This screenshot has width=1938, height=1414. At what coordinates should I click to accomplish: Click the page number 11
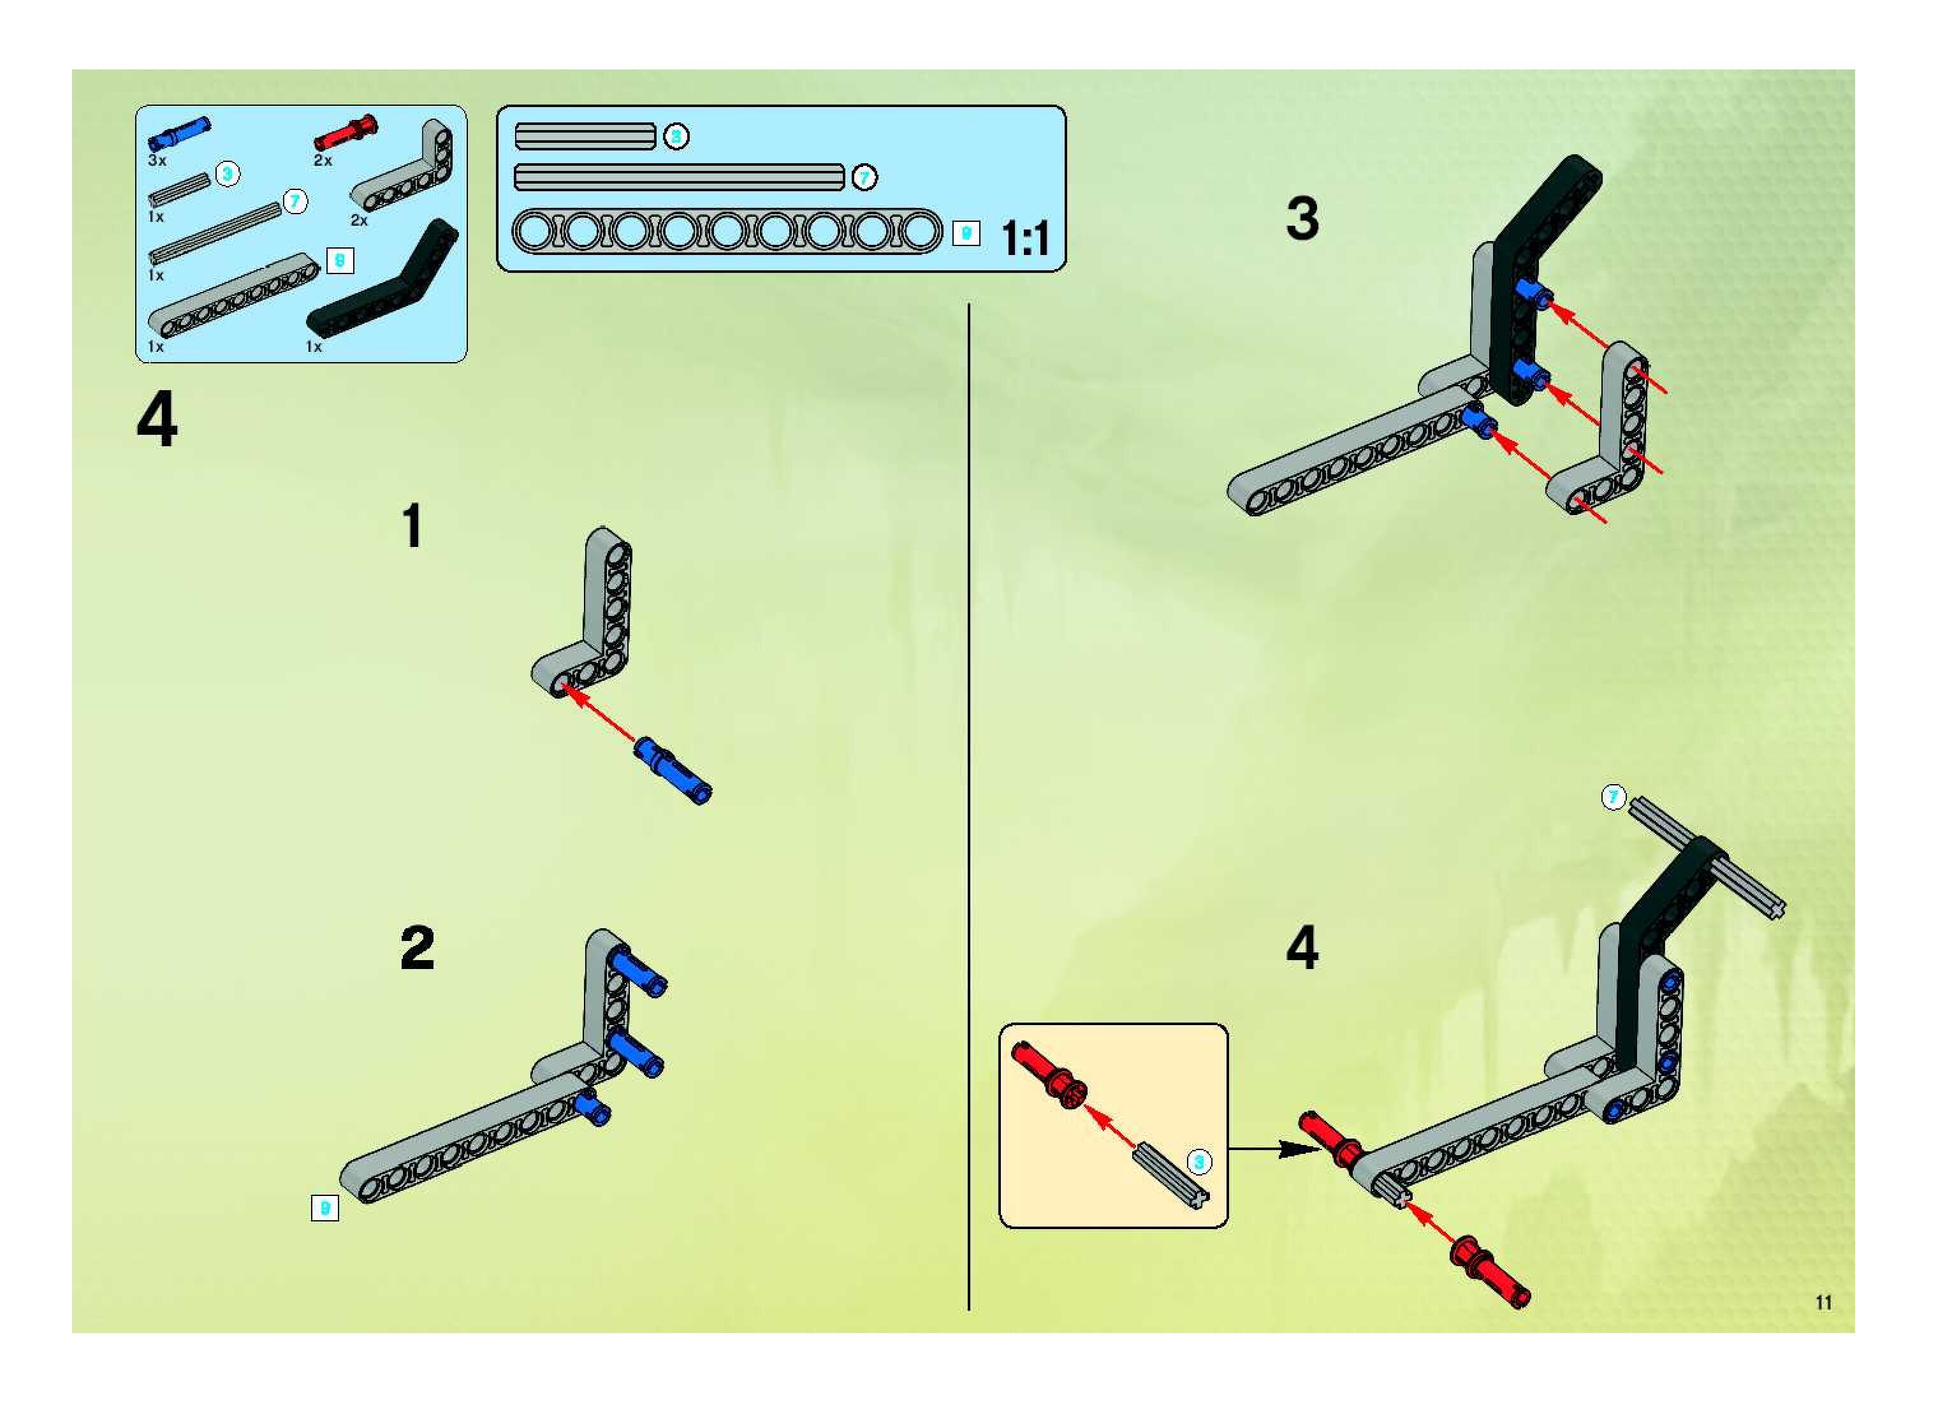[x=1823, y=1302]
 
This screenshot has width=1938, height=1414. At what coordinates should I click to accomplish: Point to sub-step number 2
[x=417, y=949]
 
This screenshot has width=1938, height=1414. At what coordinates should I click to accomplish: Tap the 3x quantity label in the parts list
[x=157, y=160]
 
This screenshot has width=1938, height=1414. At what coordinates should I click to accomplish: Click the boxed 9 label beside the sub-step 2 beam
[x=324, y=1207]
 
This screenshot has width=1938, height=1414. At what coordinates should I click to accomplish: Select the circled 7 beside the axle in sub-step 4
[x=1614, y=797]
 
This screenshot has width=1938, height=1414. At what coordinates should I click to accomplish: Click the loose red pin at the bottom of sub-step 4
[x=1489, y=1272]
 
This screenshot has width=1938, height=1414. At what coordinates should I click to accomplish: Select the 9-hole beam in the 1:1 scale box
[x=727, y=232]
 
